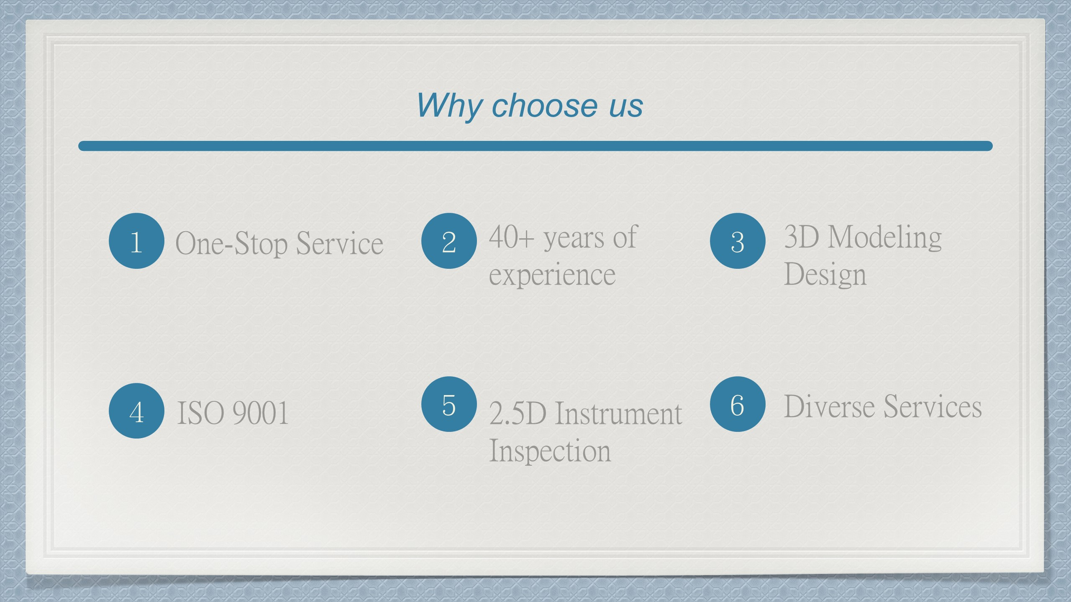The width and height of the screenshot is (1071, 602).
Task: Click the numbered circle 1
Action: pos(136,241)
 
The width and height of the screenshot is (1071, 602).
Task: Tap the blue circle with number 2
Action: pos(449,241)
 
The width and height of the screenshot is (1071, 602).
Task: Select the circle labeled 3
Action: pos(738,241)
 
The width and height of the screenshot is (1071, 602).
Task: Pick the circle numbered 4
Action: pos(136,411)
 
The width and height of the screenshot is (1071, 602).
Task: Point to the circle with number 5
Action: pos(449,404)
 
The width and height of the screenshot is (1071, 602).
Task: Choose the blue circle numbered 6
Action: pos(738,404)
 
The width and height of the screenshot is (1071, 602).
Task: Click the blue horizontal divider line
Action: pos(535,146)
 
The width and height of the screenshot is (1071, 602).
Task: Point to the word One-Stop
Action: pos(231,243)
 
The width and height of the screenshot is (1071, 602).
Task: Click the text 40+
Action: pos(512,237)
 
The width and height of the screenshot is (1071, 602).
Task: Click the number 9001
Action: pos(260,413)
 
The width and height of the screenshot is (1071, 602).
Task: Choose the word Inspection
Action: pos(550,451)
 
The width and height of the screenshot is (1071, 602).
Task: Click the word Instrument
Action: pos(619,413)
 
